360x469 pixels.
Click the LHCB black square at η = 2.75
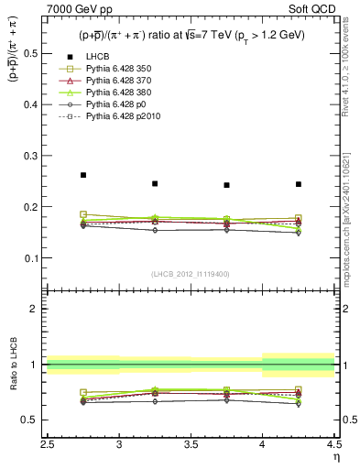pyautogui.click(x=83, y=175)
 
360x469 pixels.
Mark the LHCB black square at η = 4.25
pyautogui.click(x=299, y=184)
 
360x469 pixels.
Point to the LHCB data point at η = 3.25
pyautogui.click(x=155, y=183)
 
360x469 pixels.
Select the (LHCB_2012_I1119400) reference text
pyautogui.click(x=191, y=273)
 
